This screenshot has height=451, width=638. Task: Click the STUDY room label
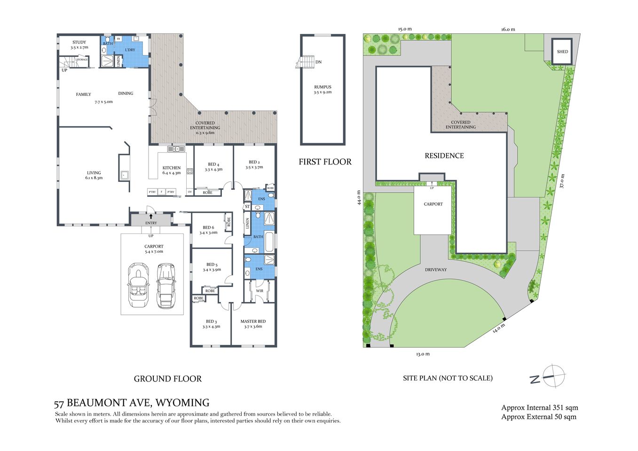click(x=79, y=42)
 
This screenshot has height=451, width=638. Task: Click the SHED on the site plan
click(x=562, y=52)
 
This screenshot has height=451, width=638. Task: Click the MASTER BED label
click(x=253, y=321)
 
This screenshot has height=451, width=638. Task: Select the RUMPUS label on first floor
click(x=323, y=87)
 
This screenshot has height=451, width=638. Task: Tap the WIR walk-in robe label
click(x=260, y=291)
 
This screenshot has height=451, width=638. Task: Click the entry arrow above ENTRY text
click(x=151, y=217)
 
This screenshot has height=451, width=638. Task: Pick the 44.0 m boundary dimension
click(x=359, y=197)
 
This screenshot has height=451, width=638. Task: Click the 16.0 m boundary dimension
click(x=508, y=29)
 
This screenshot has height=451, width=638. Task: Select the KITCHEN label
click(x=172, y=168)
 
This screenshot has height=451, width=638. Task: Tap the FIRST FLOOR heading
click(x=325, y=162)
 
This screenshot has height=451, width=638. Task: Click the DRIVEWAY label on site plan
click(x=436, y=270)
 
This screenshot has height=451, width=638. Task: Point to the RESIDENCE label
click(x=444, y=156)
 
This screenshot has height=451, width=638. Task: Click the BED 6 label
click(x=208, y=227)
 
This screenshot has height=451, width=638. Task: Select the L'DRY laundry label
click(x=130, y=50)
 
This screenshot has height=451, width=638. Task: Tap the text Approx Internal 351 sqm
click(x=539, y=407)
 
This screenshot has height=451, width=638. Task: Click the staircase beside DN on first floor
click(x=306, y=62)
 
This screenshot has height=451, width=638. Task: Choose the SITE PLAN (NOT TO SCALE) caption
click(x=448, y=378)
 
